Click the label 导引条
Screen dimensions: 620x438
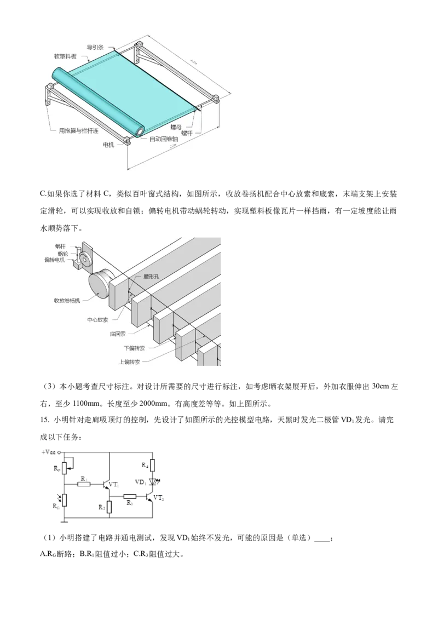coord(95,47)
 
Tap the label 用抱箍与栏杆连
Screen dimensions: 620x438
coord(79,131)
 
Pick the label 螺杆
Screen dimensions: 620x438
coord(188,133)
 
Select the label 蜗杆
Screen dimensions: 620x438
coord(60,246)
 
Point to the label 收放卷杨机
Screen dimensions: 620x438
coord(67,300)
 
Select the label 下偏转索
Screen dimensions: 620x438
coord(135,348)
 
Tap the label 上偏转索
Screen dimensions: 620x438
coord(129,361)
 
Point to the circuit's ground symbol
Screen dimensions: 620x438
coord(65,522)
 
